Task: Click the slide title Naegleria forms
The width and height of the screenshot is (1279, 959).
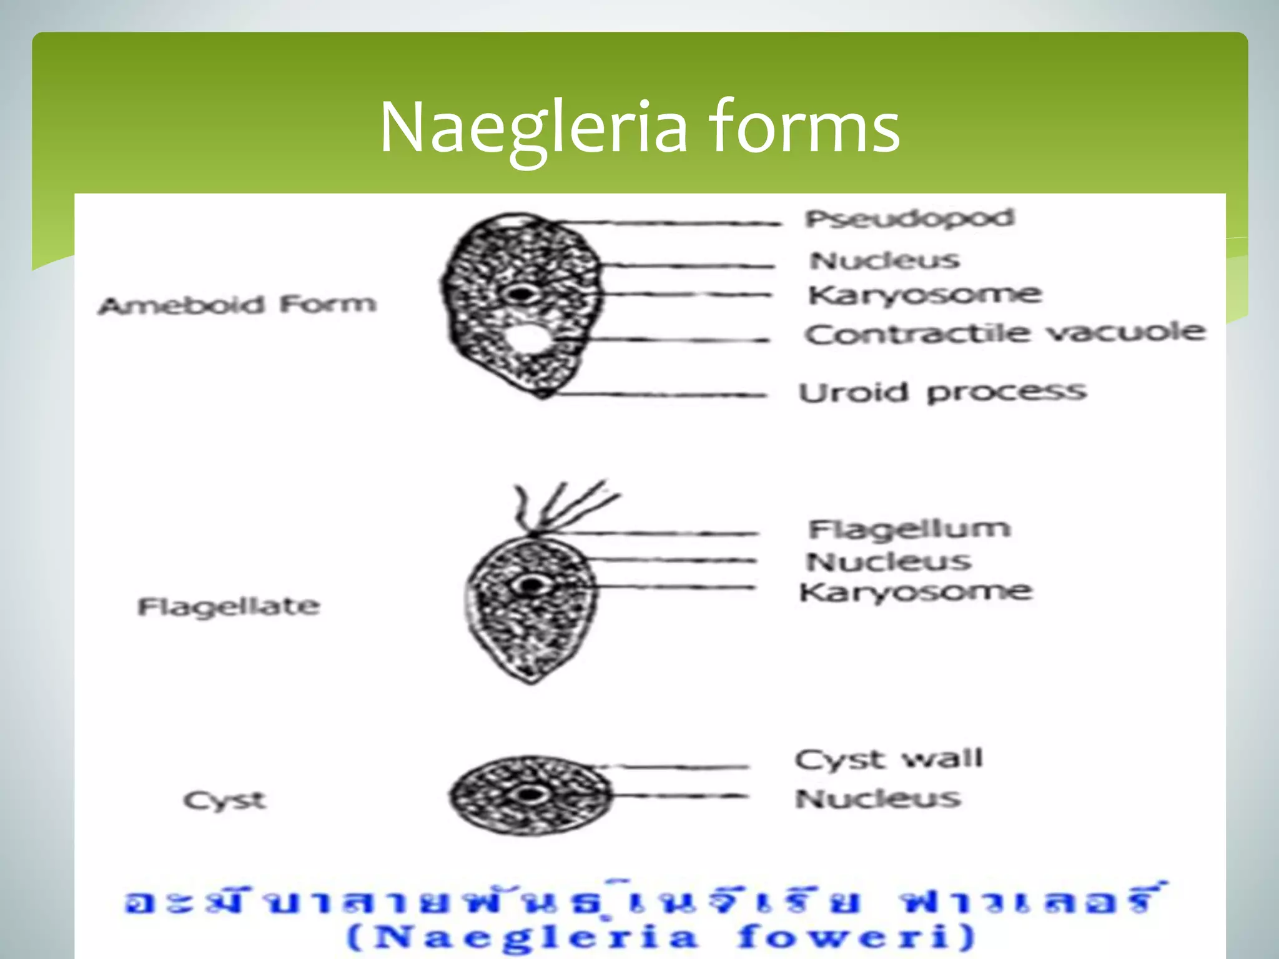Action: tap(639, 128)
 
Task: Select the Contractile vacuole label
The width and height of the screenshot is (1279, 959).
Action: tap(1004, 333)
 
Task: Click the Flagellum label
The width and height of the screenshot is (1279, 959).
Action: tap(909, 529)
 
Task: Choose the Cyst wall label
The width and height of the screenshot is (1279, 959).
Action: tap(889, 759)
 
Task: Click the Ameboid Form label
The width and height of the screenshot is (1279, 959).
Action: tap(237, 305)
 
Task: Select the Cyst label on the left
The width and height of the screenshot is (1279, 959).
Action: tap(225, 800)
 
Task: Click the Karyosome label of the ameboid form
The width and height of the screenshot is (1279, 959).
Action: tap(924, 295)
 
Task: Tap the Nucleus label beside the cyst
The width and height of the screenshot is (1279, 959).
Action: tap(877, 799)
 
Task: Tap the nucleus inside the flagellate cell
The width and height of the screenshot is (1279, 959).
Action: tap(531, 586)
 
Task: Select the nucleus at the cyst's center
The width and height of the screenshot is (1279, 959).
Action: tap(530, 795)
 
